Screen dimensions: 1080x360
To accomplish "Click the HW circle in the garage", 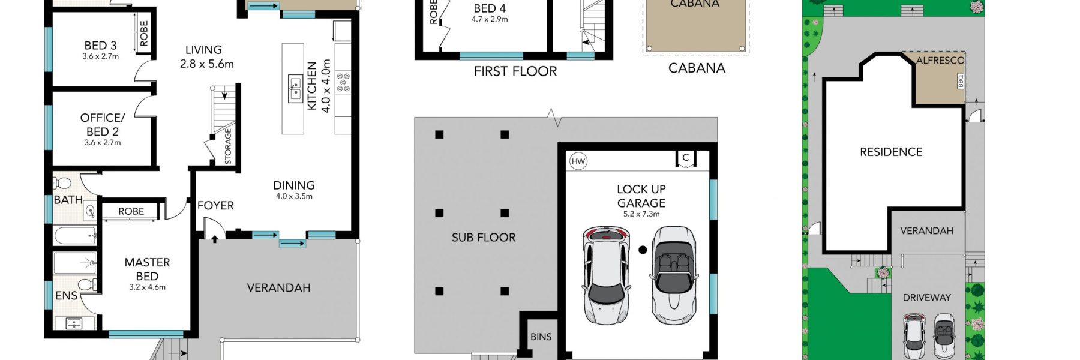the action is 578,161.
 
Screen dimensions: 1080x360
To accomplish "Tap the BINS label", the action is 541,337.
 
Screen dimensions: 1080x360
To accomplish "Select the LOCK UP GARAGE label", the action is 641,196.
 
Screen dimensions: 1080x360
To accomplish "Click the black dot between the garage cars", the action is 643,250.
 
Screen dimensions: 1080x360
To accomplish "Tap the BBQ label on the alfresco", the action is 960,81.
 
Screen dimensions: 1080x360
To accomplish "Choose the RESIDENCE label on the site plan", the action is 891,152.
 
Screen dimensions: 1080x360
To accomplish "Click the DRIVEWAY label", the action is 926,297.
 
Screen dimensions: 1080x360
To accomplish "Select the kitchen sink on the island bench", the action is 295,89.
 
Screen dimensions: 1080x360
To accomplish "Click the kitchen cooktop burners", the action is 343,82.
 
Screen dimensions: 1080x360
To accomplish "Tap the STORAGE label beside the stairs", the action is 228,146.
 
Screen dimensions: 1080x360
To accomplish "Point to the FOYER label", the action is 215,205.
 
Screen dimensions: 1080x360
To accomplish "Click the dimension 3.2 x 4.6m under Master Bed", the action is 147,287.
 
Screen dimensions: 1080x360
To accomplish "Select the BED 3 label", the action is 100,45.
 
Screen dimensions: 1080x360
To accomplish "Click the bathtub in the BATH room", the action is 76,235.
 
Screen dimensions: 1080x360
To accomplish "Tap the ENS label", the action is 66,295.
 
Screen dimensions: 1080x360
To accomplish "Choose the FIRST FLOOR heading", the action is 515,71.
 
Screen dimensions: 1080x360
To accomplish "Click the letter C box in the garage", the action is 686,158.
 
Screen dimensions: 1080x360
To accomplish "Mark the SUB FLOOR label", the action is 484,237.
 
